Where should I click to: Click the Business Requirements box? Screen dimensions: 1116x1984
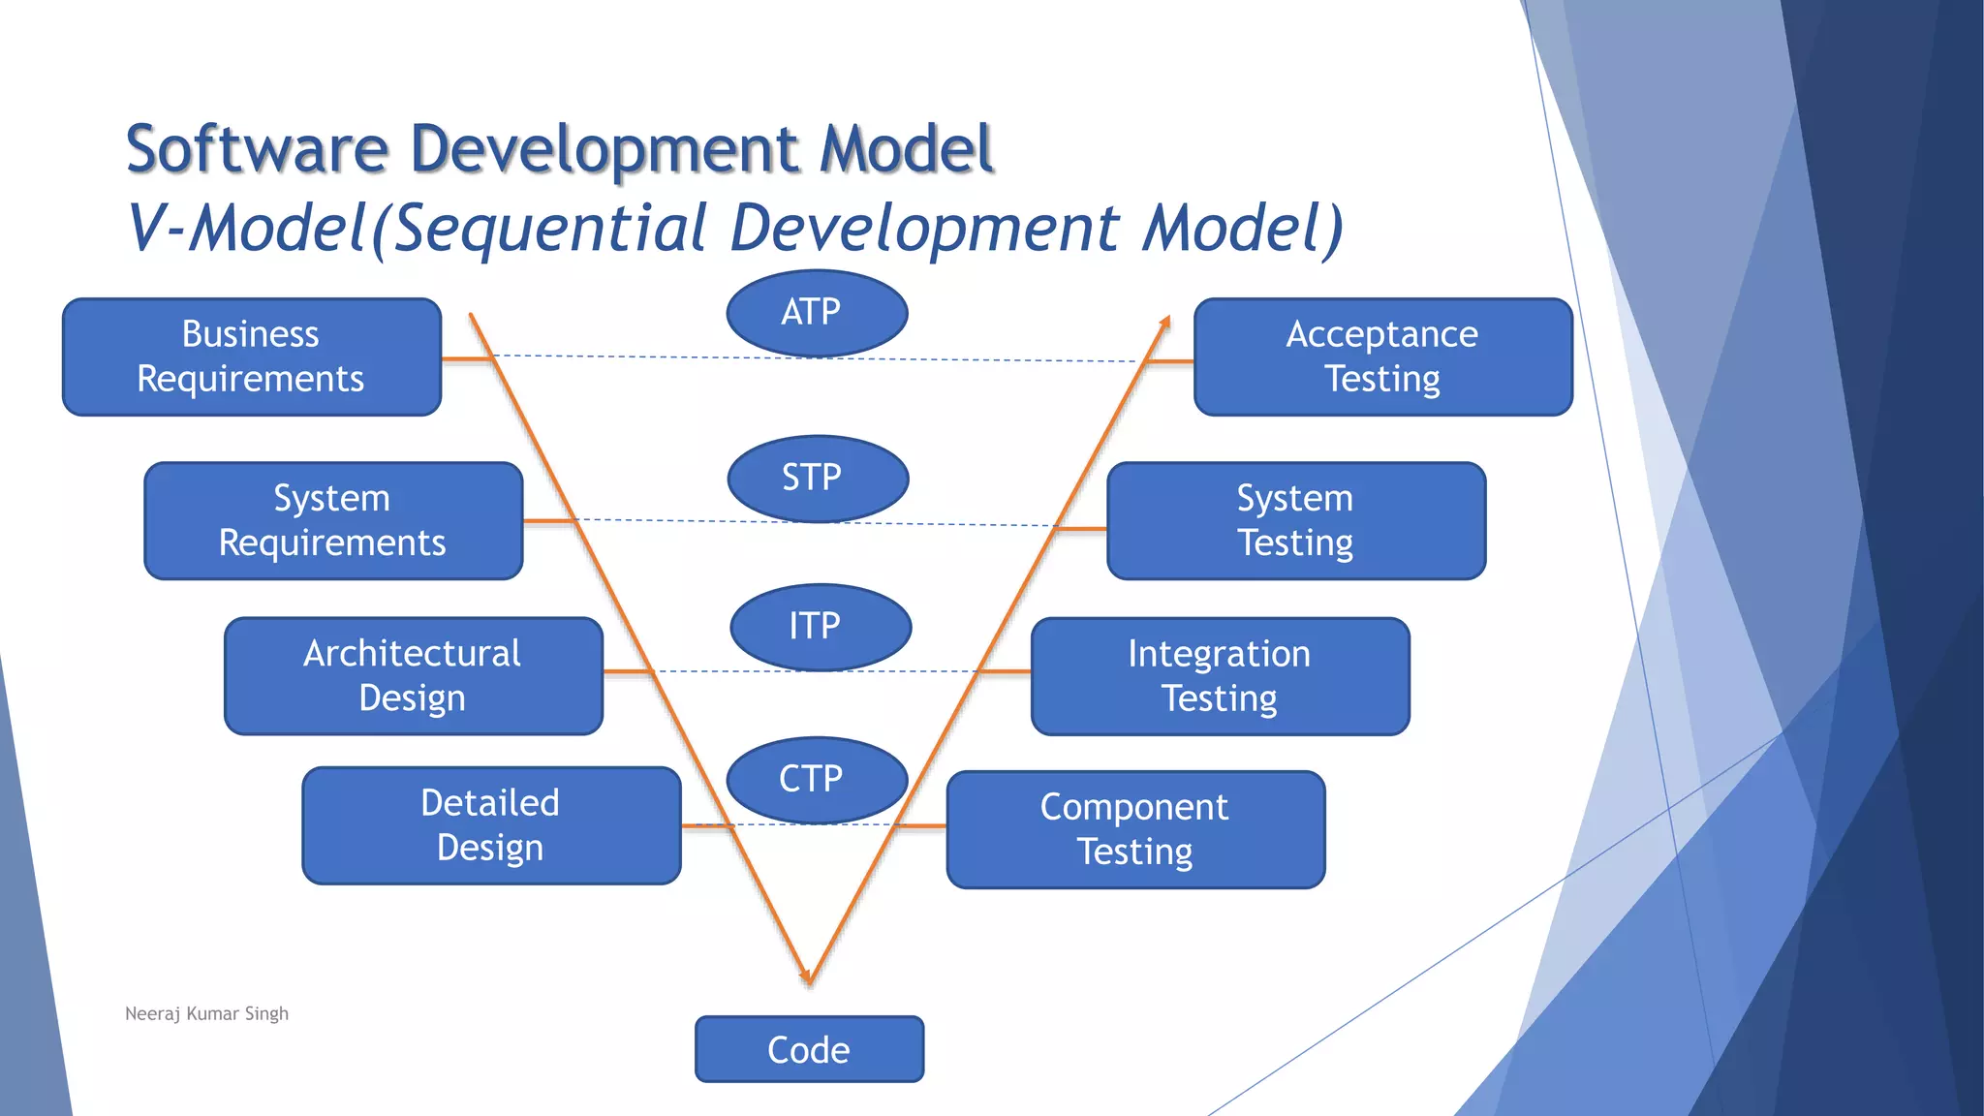(252, 356)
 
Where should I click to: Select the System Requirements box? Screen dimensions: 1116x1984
(333, 520)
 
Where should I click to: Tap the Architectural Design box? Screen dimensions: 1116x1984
(414, 675)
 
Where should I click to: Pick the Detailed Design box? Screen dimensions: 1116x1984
(491, 825)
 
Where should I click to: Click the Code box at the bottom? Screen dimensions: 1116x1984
(809, 1049)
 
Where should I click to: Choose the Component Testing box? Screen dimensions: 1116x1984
(1135, 829)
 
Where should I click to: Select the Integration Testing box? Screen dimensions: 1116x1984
(1220, 676)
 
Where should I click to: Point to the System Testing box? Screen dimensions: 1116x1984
(1295, 520)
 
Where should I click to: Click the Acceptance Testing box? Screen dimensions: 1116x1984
(1382, 356)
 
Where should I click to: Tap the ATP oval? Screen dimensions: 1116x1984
(817, 312)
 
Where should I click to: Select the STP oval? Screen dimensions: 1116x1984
(818, 478)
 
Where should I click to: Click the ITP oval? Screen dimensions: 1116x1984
(821, 626)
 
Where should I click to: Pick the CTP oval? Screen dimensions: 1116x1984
(817, 779)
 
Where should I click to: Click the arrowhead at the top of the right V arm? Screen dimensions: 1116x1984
(1165, 322)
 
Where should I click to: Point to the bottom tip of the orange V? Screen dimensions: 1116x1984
(809, 978)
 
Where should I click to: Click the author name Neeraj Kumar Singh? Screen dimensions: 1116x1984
(206, 1013)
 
